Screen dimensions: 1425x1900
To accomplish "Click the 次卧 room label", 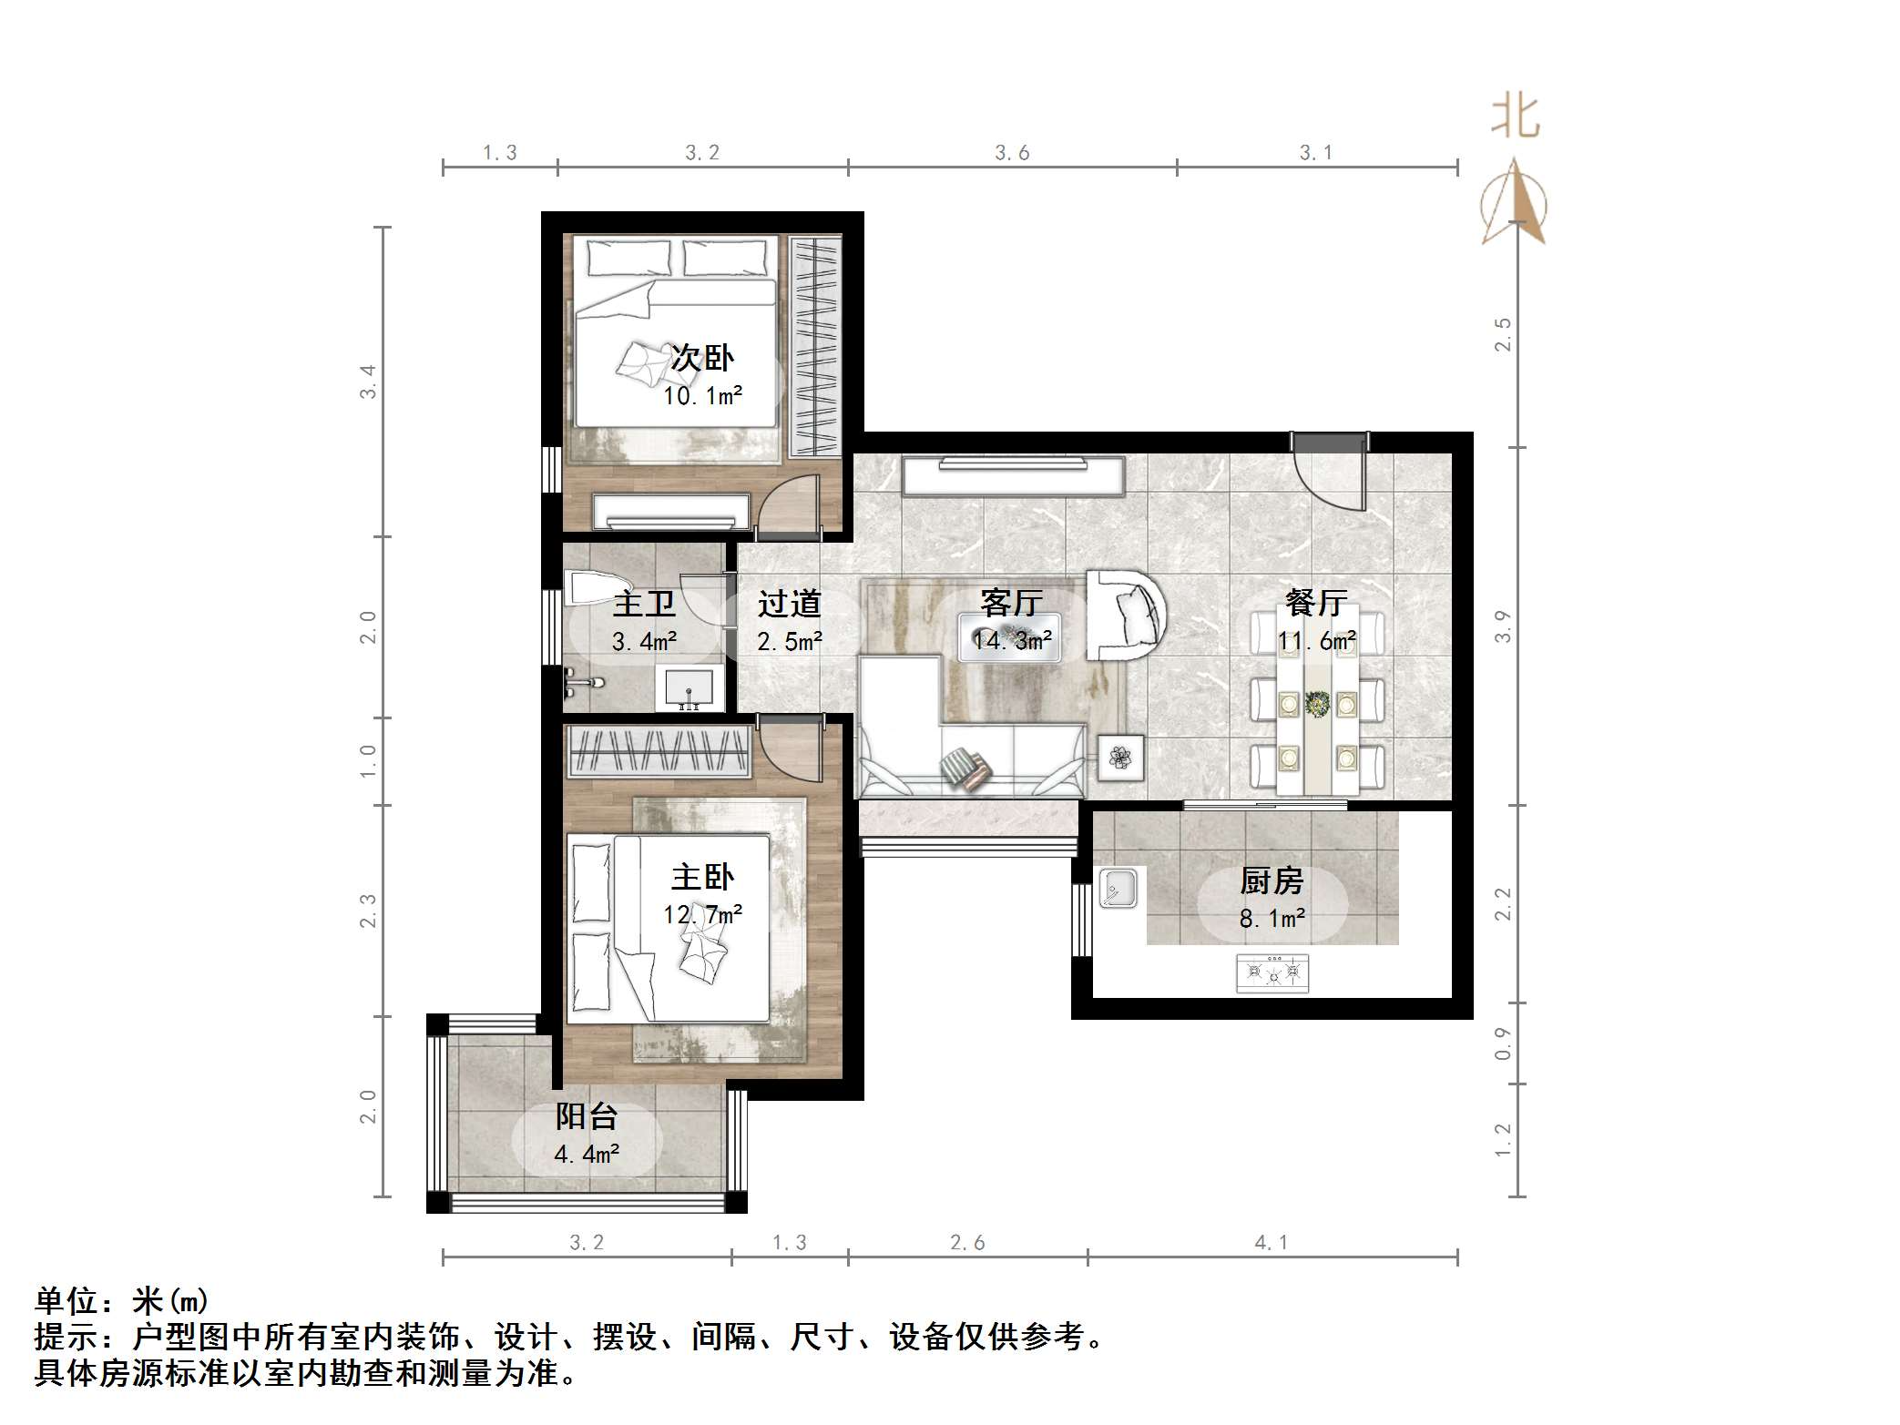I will point(701,358).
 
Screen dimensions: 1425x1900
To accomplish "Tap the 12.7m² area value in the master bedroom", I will point(701,914).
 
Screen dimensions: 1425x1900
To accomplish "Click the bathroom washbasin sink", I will point(690,688).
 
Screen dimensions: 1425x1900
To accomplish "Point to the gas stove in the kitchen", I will point(1272,973).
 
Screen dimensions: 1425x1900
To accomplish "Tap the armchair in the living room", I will point(1127,615).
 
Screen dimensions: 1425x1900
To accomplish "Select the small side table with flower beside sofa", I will point(1120,757).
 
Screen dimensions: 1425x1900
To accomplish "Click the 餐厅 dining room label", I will point(1315,602).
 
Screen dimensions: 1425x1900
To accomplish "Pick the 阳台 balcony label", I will point(587,1116).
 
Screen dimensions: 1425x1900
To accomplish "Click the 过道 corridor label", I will point(789,603).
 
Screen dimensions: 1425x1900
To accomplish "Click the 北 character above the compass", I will point(1515,117).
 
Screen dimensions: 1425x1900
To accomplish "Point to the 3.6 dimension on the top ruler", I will point(1011,153).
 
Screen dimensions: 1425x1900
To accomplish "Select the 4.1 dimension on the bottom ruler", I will point(1271,1243).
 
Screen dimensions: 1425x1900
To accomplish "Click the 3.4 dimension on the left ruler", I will point(368,381).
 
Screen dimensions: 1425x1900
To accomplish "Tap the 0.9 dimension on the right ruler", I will point(1503,1043).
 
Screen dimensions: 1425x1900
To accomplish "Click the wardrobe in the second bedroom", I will point(813,346).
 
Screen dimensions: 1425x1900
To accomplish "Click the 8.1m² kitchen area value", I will point(1272,919).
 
